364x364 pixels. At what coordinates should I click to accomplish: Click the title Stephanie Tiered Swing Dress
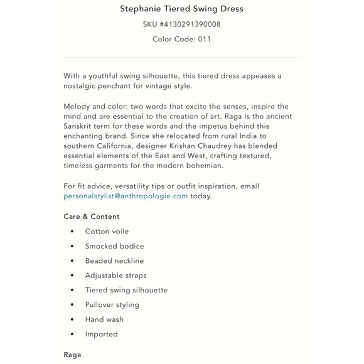[181, 9]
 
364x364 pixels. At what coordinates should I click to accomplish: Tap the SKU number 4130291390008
[187, 24]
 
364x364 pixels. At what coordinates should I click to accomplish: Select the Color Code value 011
[205, 39]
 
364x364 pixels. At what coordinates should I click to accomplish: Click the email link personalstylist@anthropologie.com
[126, 196]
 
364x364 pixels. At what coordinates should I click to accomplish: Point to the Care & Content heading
[92, 217]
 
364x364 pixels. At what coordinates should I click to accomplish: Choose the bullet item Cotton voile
[107, 232]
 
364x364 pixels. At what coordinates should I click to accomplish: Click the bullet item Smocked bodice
[114, 246]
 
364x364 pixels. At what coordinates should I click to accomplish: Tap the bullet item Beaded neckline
[114, 261]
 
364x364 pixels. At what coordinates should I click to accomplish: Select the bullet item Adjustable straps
[115, 276]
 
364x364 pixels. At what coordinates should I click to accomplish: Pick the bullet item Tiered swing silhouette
[126, 290]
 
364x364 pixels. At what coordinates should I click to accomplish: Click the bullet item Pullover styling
[112, 305]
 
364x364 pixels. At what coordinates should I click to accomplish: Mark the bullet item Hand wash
[104, 319]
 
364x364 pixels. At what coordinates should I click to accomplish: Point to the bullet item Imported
[102, 335]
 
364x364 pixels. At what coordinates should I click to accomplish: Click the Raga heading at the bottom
[72, 355]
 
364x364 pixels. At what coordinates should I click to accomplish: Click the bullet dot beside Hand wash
[72, 319]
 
